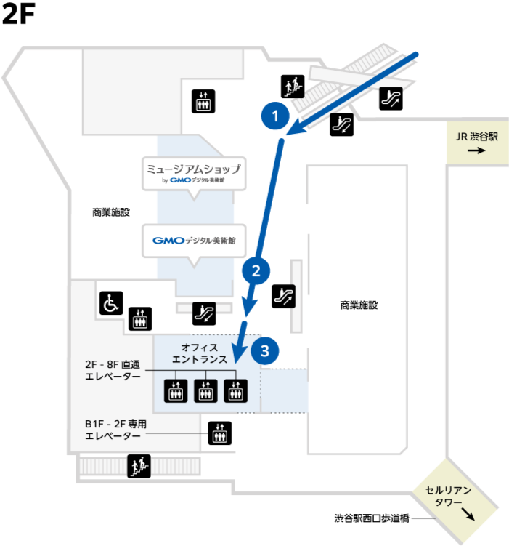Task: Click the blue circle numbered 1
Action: click(x=275, y=116)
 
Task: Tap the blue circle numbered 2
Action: click(x=256, y=271)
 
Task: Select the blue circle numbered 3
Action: click(x=265, y=350)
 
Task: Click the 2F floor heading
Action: click(x=18, y=14)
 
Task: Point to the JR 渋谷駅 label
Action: click(x=476, y=137)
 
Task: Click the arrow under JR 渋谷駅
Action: click(x=476, y=150)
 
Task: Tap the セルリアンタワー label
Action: click(x=449, y=497)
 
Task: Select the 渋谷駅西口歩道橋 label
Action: click(x=372, y=518)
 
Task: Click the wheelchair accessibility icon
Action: click(x=111, y=303)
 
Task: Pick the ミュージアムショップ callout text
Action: click(x=194, y=169)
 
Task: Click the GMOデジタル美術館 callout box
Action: click(x=194, y=241)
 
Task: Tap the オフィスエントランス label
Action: click(x=200, y=353)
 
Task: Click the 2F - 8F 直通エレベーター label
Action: click(x=113, y=371)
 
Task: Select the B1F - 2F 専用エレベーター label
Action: click(x=115, y=430)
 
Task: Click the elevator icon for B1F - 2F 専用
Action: click(x=220, y=433)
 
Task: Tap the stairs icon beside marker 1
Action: click(x=293, y=87)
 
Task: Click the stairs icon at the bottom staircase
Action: click(x=139, y=466)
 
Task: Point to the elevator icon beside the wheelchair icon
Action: click(x=140, y=318)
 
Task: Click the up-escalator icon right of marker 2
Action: click(x=284, y=297)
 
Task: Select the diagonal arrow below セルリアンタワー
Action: click(x=468, y=514)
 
